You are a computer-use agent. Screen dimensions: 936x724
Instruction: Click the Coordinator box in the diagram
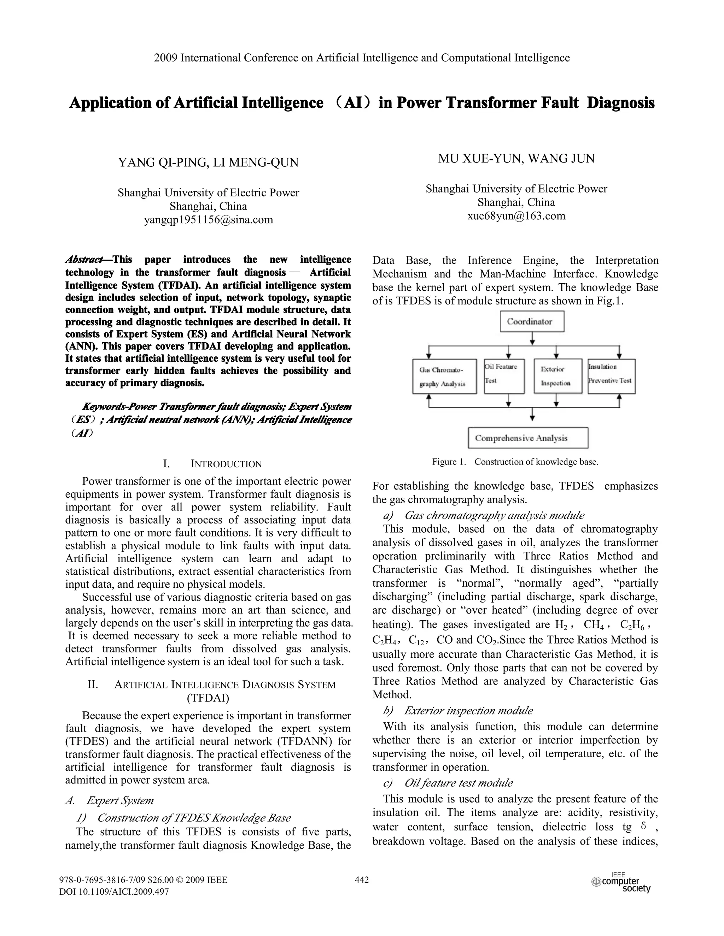point(531,321)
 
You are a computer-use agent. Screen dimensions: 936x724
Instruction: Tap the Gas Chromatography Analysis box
point(444,376)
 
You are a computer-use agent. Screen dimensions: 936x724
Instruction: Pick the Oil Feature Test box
point(504,376)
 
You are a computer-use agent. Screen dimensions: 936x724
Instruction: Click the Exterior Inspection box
point(557,376)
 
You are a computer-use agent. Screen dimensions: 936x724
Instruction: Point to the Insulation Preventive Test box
point(611,376)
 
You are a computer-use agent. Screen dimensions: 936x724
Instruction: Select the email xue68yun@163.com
point(516,216)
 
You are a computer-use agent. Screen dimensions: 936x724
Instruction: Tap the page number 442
point(362,880)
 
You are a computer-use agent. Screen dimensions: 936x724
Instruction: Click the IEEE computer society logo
point(621,883)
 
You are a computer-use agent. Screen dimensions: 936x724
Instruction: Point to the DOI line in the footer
point(114,892)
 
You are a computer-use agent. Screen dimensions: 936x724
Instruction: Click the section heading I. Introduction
point(213,464)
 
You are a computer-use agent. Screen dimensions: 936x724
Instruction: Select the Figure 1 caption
point(515,462)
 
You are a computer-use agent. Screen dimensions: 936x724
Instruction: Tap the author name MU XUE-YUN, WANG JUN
point(516,159)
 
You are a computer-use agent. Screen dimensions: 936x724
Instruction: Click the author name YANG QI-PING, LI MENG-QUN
point(209,163)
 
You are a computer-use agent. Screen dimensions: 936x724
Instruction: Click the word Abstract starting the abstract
point(84,260)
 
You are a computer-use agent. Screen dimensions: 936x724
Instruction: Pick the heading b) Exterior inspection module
point(458,711)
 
